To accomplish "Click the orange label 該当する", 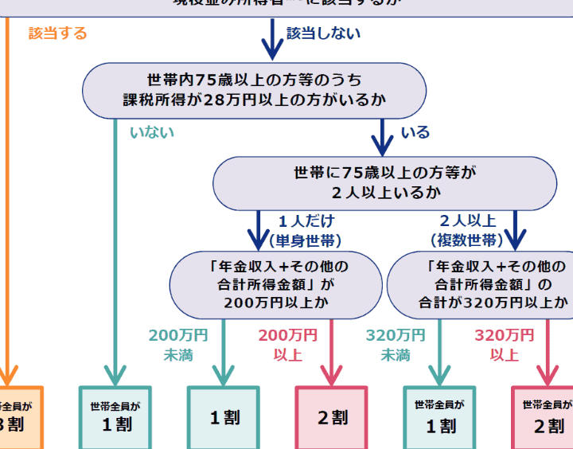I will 57,33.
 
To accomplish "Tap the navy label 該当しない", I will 323,33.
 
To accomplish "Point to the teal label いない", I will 151,132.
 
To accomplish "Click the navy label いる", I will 415,132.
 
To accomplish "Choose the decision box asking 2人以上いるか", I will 384,182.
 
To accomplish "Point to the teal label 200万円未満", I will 178,344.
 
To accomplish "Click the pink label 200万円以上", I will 287,344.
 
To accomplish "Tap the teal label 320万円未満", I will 396,344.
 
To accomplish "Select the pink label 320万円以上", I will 504,344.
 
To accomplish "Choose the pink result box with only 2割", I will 333,417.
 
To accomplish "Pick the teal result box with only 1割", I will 224,417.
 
